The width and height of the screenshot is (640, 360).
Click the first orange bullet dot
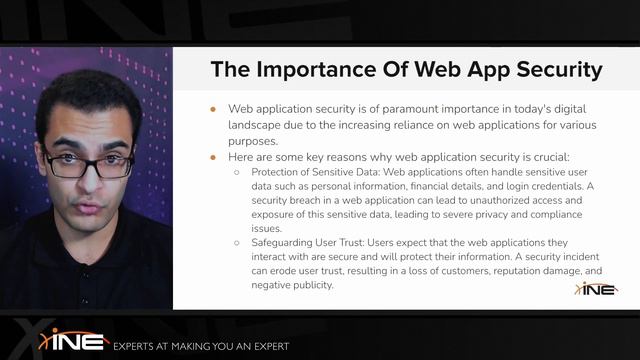[x=212, y=108]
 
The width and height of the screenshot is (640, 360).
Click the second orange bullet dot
[x=212, y=158]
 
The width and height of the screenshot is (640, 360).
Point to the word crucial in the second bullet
[x=546, y=158]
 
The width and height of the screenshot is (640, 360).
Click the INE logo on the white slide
[x=596, y=288]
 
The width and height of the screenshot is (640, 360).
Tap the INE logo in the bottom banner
[x=73, y=340]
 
